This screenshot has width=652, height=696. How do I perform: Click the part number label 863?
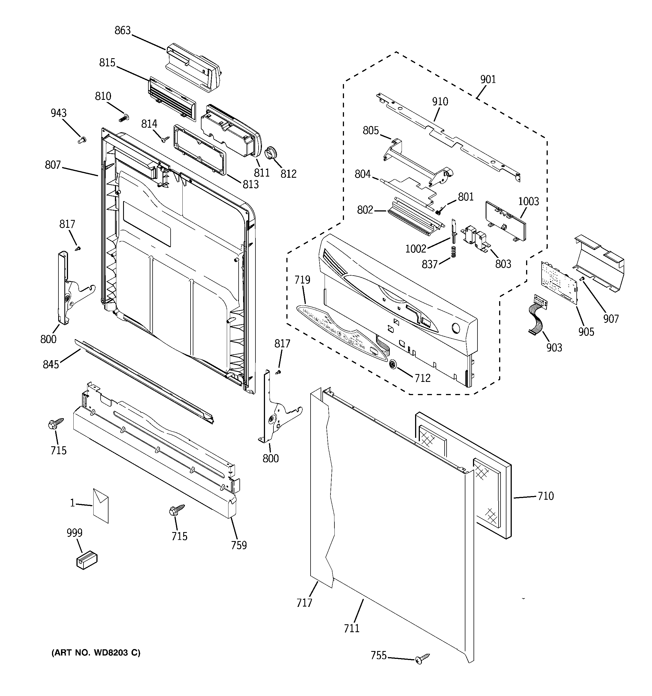point(123,31)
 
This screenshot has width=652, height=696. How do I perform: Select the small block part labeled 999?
point(87,560)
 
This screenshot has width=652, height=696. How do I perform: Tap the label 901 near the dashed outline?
point(488,80)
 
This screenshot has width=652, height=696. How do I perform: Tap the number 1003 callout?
point(528,201)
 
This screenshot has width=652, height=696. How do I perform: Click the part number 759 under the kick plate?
point(239,545)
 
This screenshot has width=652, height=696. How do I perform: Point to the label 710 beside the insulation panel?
point(545,496)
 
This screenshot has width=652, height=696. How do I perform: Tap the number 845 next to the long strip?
point(51,364)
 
